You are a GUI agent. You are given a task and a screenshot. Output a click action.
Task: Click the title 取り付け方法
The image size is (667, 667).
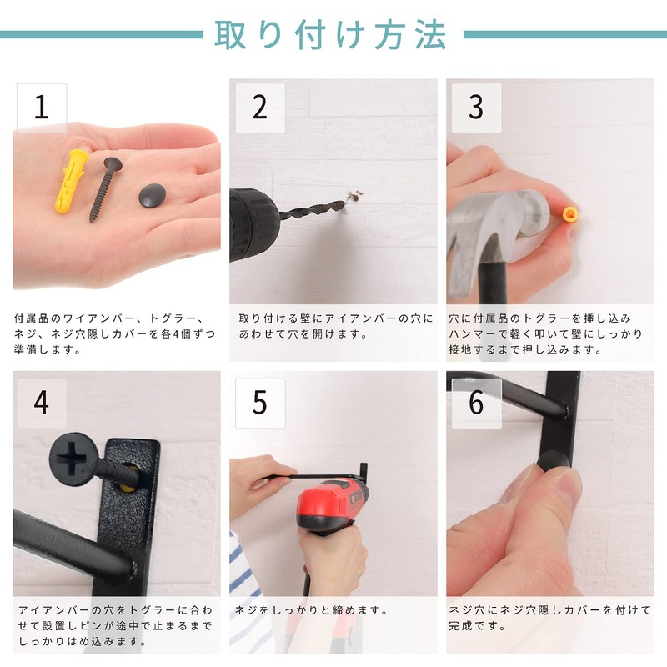tap(330, 35)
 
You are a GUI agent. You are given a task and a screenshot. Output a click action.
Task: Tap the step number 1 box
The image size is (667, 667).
tap(42, 108)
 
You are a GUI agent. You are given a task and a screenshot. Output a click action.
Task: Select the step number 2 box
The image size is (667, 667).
tap(260, 108)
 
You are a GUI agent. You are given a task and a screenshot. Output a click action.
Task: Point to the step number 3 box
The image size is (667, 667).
tap(476, 108)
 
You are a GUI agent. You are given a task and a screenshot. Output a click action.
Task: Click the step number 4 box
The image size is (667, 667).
tap(42, 404)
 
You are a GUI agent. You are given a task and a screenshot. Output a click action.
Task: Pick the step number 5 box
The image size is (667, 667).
tap(260, 404)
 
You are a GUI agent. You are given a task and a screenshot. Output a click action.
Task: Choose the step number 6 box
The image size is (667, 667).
tap(476, 404)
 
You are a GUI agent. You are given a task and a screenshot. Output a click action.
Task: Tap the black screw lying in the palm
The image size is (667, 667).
tap(105, 190)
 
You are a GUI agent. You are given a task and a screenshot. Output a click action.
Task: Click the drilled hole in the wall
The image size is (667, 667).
tap(354, 198)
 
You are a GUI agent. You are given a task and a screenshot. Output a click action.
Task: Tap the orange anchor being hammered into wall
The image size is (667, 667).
tap(570, 214)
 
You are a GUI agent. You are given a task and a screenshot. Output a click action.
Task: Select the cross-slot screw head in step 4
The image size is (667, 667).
tap(73, 458)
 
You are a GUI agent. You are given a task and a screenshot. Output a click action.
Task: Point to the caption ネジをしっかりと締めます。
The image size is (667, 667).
tap(312, 611)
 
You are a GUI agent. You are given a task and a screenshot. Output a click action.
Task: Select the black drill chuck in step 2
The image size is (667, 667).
tap(253, 224)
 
